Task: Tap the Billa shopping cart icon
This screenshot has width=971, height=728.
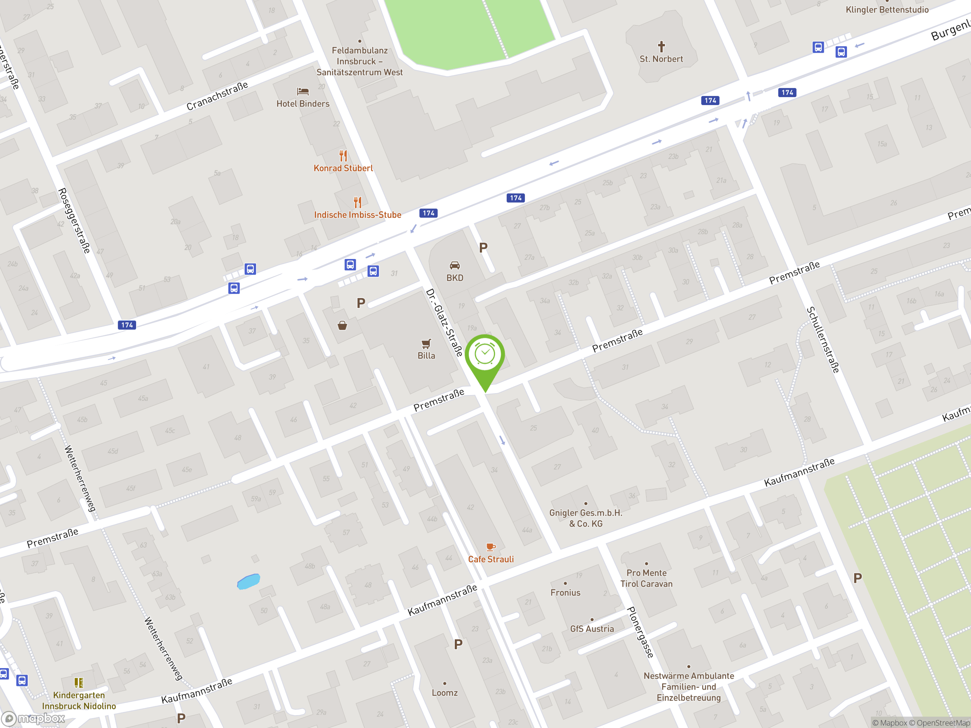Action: [x=426, y=344]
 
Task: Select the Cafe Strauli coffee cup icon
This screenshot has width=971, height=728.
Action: [x=491, y=547]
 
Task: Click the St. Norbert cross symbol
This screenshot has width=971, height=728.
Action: [x=661, y=46]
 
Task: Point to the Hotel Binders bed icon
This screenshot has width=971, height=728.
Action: [x=303, y=91]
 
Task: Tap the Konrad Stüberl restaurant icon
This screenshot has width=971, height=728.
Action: [x=343, y=156]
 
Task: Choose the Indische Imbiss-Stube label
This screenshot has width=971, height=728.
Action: [x=357, y=215]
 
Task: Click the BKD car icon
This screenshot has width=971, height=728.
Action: [x=455, y=265]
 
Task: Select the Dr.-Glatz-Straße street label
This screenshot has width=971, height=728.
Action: [x=444, y=323]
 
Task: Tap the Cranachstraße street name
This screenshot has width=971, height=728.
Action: [x=217, y=96]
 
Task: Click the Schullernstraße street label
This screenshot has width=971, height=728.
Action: [x=823, y=340]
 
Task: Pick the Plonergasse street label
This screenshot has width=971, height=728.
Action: [x=641, y=632]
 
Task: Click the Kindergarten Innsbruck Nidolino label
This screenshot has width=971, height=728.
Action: [x=79, y=700]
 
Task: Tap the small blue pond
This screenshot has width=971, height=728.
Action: [x=248, y=581]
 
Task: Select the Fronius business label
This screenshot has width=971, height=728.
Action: [x=566, y=592]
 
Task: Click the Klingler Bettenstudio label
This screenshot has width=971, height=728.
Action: [x=887, y=9]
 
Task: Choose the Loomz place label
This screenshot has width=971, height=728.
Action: [x=445, y=692]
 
